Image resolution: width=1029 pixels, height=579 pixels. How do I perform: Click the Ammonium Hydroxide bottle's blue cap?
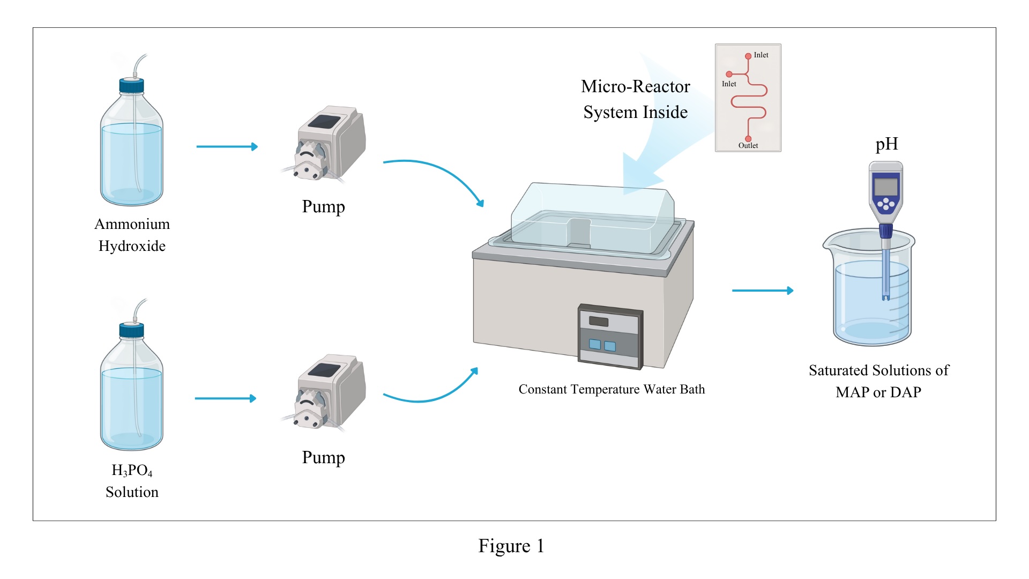click(x=132, y=86)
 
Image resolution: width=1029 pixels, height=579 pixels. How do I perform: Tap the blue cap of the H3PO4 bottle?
click(x=132, y=330)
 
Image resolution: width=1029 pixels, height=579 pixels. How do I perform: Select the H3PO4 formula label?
click(x=132, y=470)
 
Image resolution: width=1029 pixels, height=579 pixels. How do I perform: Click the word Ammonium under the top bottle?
click(x=132, y=224)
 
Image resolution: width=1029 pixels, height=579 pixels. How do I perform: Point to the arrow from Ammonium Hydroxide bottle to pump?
click(x=227, y=146)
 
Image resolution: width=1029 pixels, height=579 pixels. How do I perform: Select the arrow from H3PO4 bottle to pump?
click(x=225, y=398)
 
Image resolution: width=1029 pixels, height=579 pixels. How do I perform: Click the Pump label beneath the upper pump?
click(x=323, y=207)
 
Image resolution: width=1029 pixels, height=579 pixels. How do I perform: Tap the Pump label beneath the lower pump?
click(x=323, y=458)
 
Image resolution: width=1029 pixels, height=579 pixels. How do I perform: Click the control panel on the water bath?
click(x=610, y=337)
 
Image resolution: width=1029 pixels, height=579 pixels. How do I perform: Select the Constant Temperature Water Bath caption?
click(x=612, y=389)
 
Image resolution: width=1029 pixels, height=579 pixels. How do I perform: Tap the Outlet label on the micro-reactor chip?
click(x=748, y=146)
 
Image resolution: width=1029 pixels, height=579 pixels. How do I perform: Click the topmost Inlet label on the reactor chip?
click(x=761, y=55)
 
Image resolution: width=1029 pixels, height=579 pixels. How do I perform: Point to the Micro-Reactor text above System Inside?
click(x=636, y=87)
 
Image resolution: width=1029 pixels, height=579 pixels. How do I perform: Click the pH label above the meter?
click(x=886, y=144)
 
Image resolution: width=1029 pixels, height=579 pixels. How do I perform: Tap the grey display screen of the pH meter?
click(x=885, y=187)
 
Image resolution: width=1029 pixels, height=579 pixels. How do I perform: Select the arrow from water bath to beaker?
click(x=762, y=291)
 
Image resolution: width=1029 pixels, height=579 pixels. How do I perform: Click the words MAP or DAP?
click(x=878, y=392)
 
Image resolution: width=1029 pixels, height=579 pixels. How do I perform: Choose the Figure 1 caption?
click(x=511, y=546)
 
